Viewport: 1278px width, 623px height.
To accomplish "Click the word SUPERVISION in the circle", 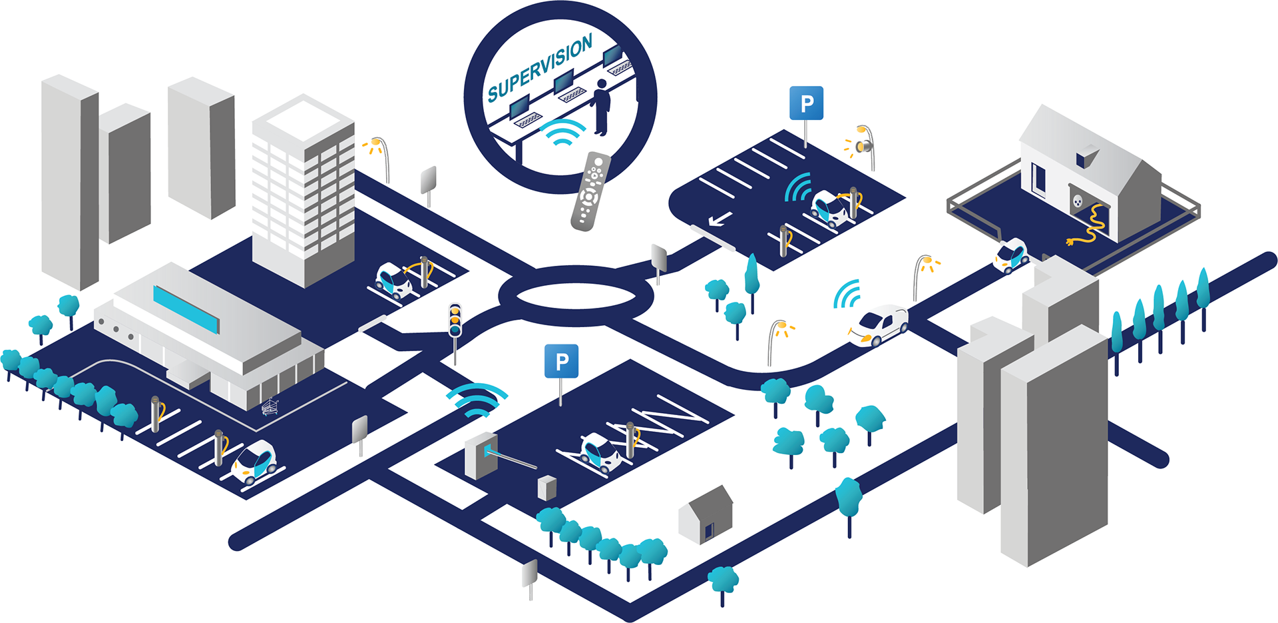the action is (x=540, y=69).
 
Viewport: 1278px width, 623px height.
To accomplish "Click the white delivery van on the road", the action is (x=878, y=324).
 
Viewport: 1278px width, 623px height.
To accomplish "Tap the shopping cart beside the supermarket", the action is (x=270, y=406).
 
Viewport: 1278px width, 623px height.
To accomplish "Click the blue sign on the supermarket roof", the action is (x=186, y=309).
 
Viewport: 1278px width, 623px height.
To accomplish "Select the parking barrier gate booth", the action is (x=481, y=456).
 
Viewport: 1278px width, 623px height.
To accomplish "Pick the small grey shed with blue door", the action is (x=706, y=516).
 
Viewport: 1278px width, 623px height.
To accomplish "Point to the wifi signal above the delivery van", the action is (x=847, y=295).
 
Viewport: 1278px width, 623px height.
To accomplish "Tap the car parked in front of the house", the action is (x=1010, y=255).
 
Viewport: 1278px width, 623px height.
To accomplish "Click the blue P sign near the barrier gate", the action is (x=561, y=362).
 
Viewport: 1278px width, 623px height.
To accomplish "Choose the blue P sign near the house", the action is (x=807, y=104).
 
